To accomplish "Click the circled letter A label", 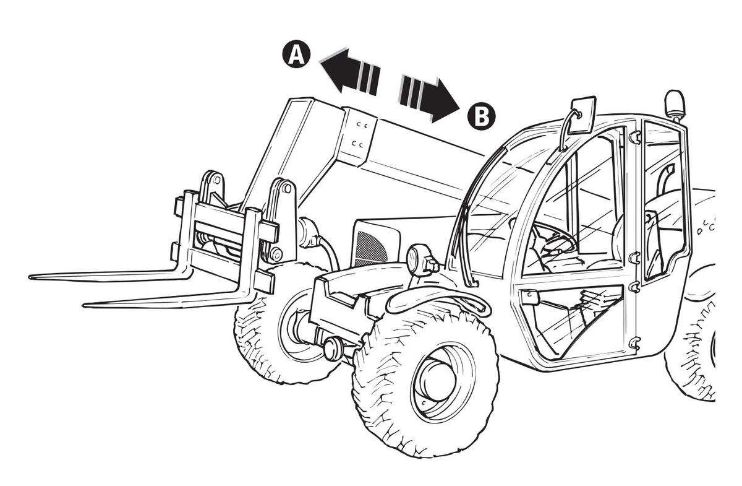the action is [297, 55].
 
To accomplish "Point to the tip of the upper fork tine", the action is [31, 277].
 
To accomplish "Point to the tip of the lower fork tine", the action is [85, 304].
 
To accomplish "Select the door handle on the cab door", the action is [530, 298].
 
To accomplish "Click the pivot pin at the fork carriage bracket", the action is [276, 254].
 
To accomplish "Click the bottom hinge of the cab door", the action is [633, 342].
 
